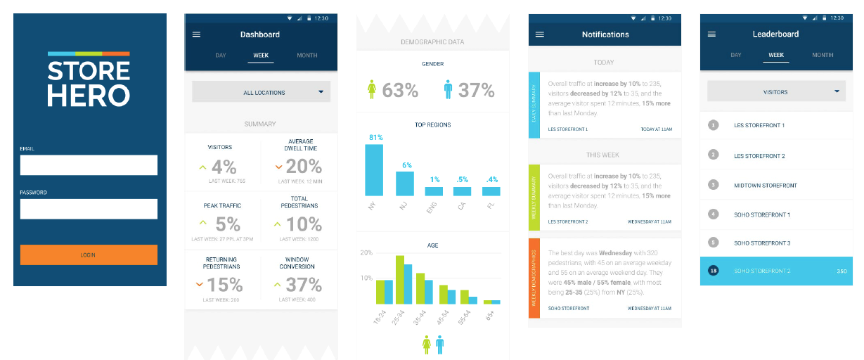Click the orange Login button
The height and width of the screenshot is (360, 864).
(x=89, y=255)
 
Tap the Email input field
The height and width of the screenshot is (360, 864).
(x=89, y=165)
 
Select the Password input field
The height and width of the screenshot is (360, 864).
(x=89, y=209)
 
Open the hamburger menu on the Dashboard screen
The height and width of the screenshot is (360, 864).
(x=196, y=34)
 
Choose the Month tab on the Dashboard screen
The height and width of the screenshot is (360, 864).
(x=307, y=56)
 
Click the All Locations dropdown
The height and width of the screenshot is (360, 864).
(x=261, y=92)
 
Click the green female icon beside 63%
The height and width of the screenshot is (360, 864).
(x=373, y=90)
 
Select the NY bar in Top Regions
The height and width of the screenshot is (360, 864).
(x=374, y=169)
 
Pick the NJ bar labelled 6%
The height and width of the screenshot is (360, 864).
(x=405, y=184)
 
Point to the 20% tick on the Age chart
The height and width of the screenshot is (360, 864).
(x=366, y=252)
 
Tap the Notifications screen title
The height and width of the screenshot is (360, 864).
(x=605, y=34)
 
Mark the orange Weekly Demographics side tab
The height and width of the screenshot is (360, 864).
(x=534, y=278)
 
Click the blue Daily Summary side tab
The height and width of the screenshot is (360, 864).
(x=534, y=104)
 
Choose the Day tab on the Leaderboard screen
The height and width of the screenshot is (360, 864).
(x=735, y=55)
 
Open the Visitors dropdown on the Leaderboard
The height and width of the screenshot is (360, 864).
(x=776, y=91)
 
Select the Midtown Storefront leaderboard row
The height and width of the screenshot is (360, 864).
(x=776, y=185)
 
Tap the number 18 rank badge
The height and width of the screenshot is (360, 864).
(x=714, y=271)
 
